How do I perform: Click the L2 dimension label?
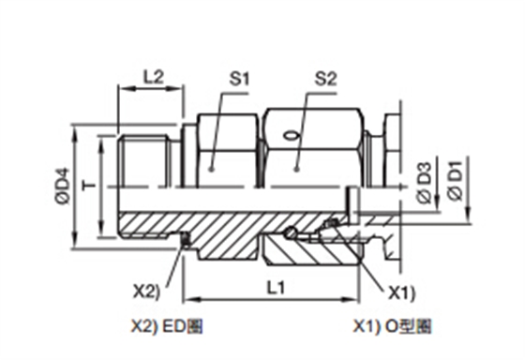click(x=154, y=77)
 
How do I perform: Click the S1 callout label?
click(x=240, y=79)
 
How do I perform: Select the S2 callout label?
click(x=326, y=79)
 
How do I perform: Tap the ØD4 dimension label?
click(x=63, y=186)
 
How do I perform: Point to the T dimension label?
click(x=89, y=186)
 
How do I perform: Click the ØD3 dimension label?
click(x=425, y=183)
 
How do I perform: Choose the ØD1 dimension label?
click(x=456, y=181)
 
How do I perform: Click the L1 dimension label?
click(x=276, y=287)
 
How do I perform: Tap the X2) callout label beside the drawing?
click(x=147, y=291)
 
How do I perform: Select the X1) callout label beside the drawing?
click(x=402, y=293)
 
